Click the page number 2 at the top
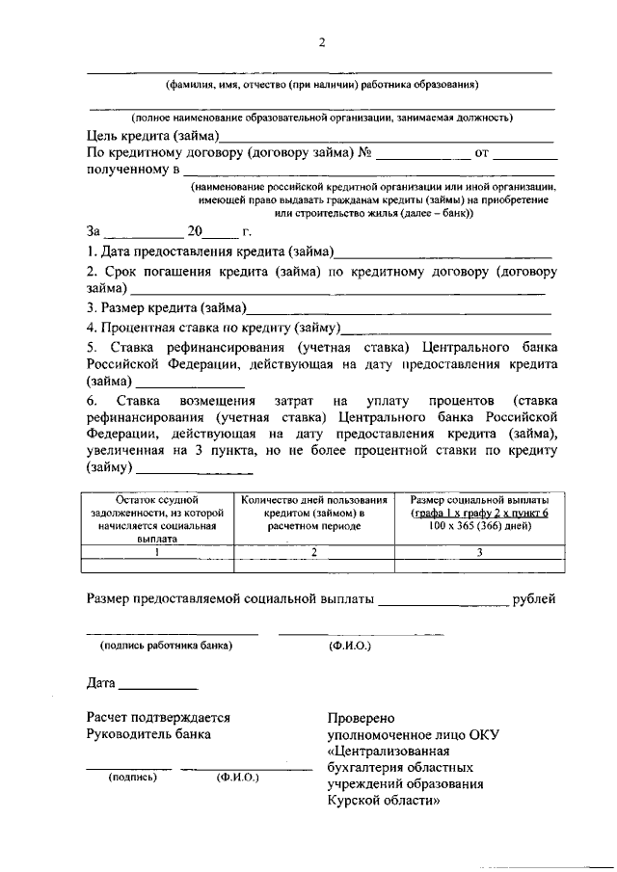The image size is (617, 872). click(x=322, y=42)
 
